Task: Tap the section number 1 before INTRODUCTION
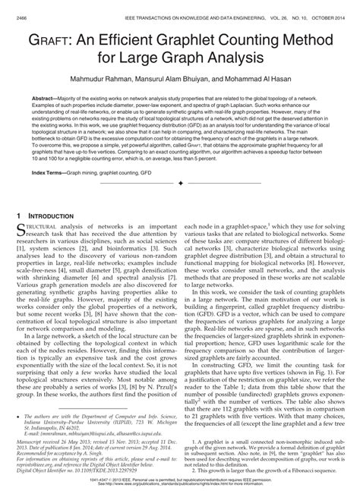19,216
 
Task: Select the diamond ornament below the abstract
179,184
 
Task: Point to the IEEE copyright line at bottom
179,478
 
